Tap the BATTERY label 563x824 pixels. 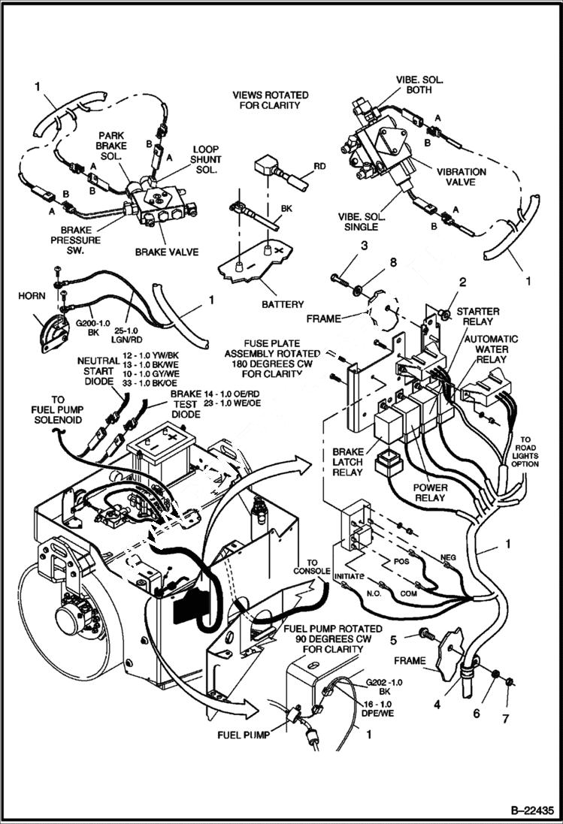(283, 304)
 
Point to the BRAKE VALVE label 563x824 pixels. (167, 252)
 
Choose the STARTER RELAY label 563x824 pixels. (479, 316)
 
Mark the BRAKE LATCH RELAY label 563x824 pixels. (347, 462)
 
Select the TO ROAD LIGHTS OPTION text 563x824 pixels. (525, 452)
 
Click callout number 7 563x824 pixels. (505, 719)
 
